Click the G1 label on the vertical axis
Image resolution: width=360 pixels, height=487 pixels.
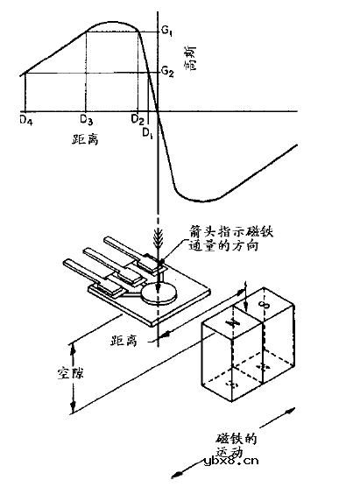click(166, 32)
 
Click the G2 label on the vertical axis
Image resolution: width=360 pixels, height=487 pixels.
click(166, 69)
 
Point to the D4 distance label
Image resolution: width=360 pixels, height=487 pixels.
click(25, 117)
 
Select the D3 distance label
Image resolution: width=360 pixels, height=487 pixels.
click(86, 117)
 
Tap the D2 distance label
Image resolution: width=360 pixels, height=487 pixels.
click(136, 117)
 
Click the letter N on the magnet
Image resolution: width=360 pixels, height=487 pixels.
click(234, 323)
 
